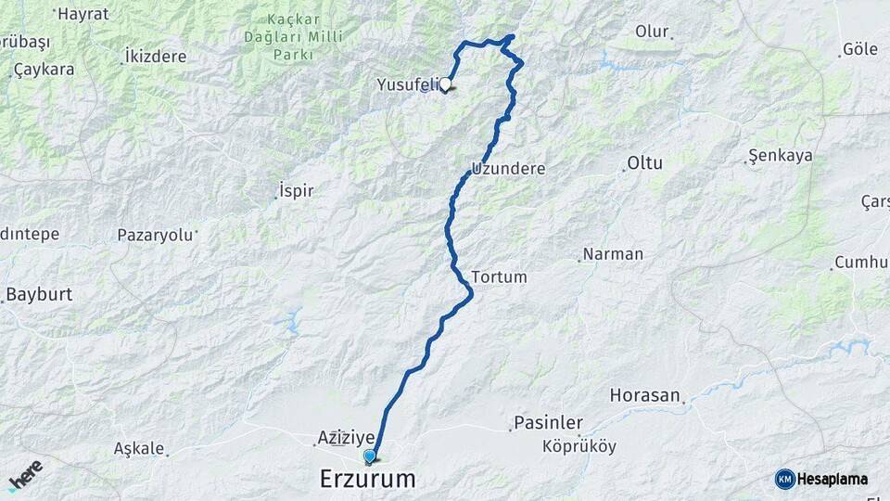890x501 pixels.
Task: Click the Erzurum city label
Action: pos(367,479)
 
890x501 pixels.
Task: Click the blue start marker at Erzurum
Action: pos(370,456)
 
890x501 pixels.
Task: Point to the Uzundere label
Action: pos(508,169)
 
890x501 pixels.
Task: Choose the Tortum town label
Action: pos(499,276)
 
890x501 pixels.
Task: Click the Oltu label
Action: pos(645,163)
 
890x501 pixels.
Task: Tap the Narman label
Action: pos(612,254)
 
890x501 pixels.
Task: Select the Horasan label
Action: pos(644,395)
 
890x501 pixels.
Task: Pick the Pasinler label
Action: pos(548,423)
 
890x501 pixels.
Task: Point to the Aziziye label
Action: pos(346,436)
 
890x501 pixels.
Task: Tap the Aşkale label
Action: pos(138,448)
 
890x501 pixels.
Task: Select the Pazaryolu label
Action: pos(155,235)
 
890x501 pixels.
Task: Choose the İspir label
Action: pos(296,191)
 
